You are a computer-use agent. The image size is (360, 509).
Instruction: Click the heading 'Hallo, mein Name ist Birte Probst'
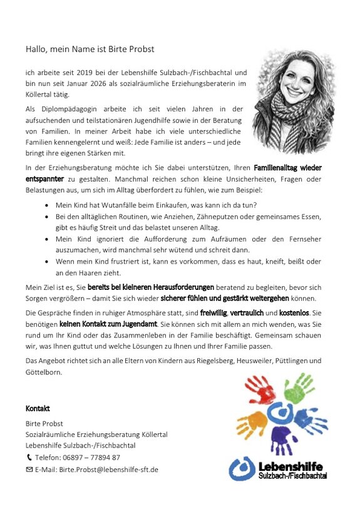click(x=90, y=49)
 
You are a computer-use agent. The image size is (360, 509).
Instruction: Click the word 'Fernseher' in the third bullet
click(x=302, y=239)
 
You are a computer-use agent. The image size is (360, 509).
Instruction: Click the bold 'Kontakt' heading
click(x=37, y=409)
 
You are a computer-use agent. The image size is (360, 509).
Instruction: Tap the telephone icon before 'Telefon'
click(x=29, y=458)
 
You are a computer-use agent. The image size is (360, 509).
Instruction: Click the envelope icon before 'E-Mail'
click(x=29, y=469)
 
